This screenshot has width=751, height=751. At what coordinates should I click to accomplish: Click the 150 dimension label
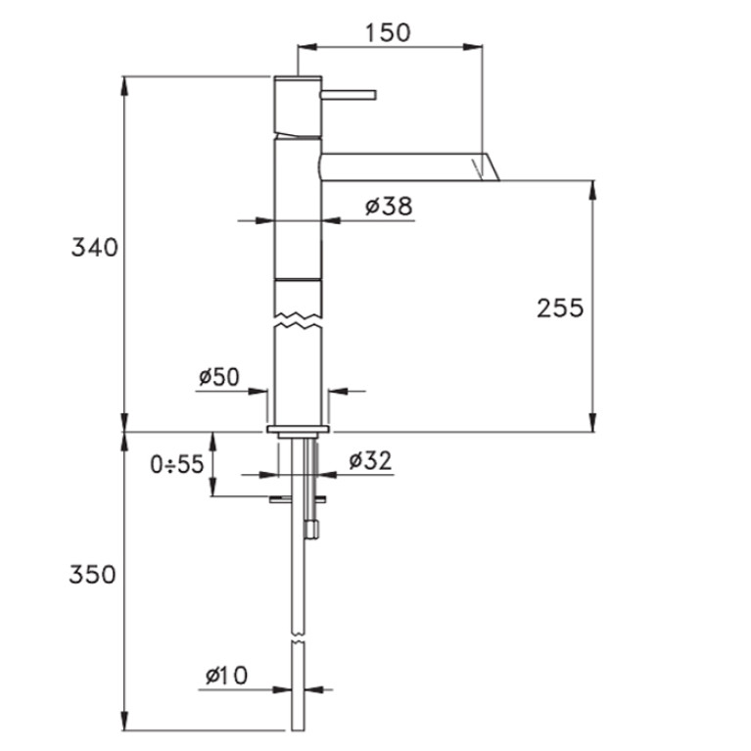click(x=388, y=32)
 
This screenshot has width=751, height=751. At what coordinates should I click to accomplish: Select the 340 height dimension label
click(x=94, y=248)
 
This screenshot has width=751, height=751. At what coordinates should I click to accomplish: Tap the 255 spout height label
click(x=560, y=308)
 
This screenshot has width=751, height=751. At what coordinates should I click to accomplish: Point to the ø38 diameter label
click(x=389, y=206)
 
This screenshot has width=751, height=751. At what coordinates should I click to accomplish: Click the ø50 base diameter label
click(x=219, y=377)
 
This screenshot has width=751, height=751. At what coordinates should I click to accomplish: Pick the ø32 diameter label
click(x=371, y=461)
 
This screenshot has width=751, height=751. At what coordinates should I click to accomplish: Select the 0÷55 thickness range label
click(x=177, y=464)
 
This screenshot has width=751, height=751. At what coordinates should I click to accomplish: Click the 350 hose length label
click(x=92, y=575)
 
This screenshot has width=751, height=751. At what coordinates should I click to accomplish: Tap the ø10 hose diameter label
click(x=226, y=676)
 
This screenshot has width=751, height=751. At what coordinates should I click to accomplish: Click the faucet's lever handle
click(x=349, y=94)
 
